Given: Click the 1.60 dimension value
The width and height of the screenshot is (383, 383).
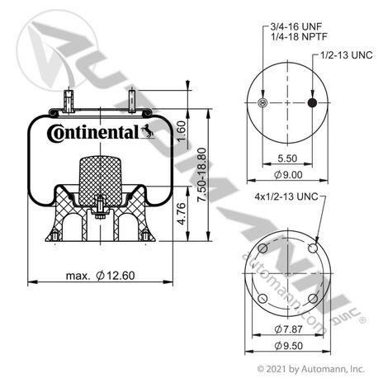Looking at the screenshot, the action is tap(182, 131).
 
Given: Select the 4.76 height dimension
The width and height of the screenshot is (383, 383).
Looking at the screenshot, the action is tap(182, 214).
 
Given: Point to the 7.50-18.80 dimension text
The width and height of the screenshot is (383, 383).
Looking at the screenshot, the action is tap(202, 175).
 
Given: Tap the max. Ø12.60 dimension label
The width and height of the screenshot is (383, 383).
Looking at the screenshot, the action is tap(101, 276).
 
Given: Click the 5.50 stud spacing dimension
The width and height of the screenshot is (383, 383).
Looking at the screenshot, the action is tap(287, 158).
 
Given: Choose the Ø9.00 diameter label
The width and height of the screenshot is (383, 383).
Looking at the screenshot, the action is tap(288, 174).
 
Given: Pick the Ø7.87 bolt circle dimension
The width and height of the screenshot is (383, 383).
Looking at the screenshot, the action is tap(288, 329).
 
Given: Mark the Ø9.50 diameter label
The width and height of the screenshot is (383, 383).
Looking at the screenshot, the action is tap(288, 346).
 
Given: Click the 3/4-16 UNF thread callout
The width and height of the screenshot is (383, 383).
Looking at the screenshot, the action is tap(296, 26).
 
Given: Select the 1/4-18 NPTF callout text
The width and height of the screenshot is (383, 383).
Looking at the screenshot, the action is tap(299, 36).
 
